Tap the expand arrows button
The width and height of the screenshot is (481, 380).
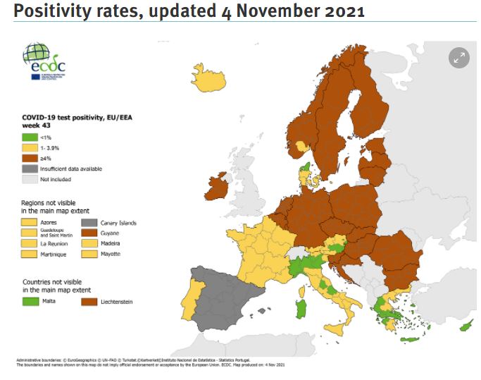pyautogui.click(x=458, y=59)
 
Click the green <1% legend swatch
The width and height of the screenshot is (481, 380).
pyautogui.click(x=29, y=137)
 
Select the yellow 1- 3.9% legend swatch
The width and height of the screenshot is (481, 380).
pyautogui.click(x=29, y=148)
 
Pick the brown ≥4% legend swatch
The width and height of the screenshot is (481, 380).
pyautogui.click(x=29, y=159)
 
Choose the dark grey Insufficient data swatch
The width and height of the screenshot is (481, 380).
pyautogui.click(x=29, y=169)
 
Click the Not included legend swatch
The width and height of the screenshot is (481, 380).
pyautogui.click(x=29, y=179)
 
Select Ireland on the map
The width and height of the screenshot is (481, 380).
pyautogui.click(x=218, y=188)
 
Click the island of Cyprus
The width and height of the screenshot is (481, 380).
pyautogui.click(x=466, y=327)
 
